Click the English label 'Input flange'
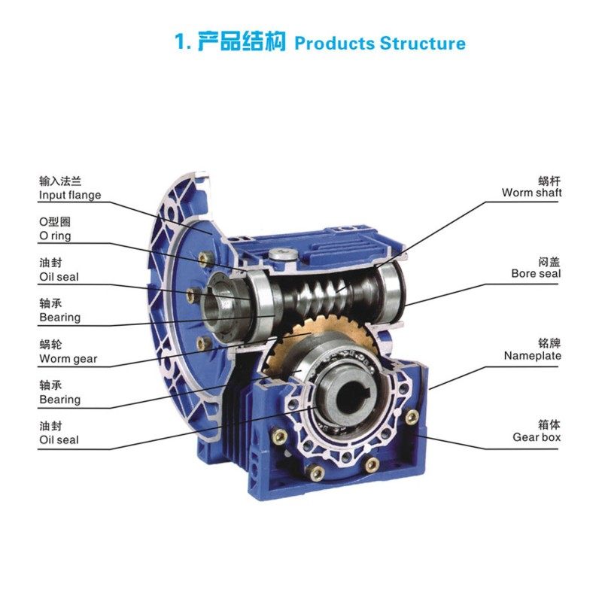tap(70, 196)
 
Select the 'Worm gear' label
tap(68, 359)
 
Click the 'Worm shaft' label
tap(532, 193)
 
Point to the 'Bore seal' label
tap(536, 274)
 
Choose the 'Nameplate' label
tap(533, 355)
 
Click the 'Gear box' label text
tap(537, 436)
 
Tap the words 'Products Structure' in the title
tap(379, 43)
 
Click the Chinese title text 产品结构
tap(242, 41)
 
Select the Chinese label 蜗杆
tap(550, 181)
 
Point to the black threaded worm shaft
tap(331, 293)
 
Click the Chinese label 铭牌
tap(550, 342)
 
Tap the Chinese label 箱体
tap(550, 424)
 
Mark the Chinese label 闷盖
tap(550, 261)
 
